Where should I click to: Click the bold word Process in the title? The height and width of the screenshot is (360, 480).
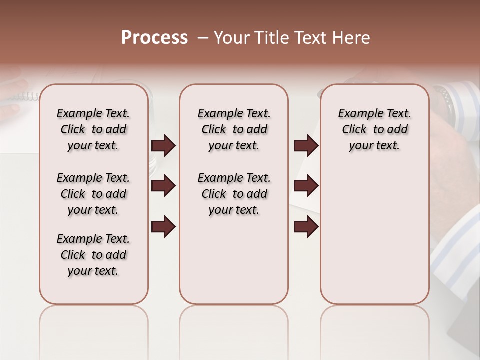(x=154, y=38)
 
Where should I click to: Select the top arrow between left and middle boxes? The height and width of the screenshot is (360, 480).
(x=163, y=146)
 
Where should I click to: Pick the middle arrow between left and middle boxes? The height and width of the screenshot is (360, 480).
(x=163, y=186)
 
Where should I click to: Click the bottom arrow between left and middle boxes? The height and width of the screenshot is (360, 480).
(x=163, y=227)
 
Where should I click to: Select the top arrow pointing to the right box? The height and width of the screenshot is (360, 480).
(x=306, y=146)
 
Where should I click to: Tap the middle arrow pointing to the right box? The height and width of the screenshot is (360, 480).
(x=306, y=186)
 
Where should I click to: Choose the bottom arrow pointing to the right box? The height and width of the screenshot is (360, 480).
(x=306, y=227)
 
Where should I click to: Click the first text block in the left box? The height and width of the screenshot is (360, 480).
(x=93, y=129)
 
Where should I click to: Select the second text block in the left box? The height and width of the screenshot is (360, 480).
(x=93, y=194)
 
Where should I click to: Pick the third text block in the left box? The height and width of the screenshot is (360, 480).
(x=93, y=255)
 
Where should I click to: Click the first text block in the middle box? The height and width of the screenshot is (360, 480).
(x=234, y=129)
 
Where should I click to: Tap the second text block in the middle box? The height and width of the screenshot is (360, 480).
(x=234, y=194)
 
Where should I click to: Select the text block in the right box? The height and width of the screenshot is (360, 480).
(x=374, y=129)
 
